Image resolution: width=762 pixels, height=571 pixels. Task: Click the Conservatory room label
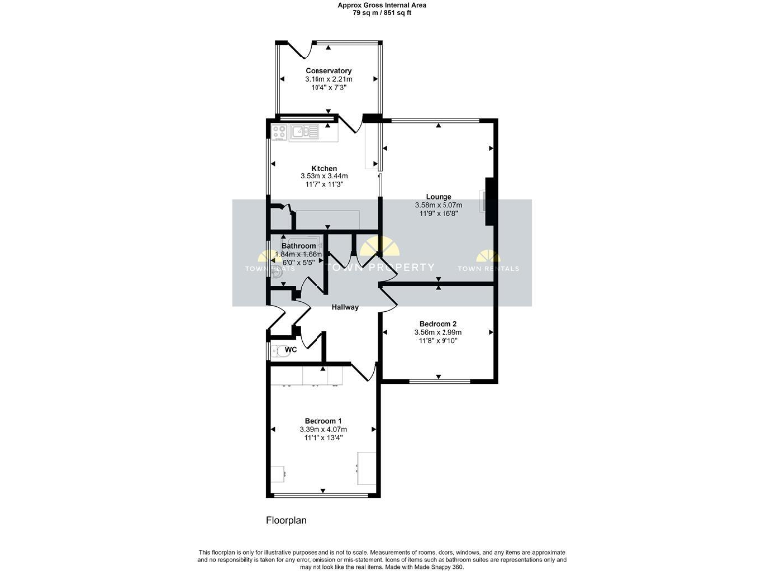coord(328,70)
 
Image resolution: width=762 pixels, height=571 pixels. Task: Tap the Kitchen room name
coord(324,168)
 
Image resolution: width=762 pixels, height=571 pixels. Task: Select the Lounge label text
coord(439,196)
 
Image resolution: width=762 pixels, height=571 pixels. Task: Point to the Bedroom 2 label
coord(438,324)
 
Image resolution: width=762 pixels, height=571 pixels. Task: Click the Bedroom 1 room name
coord(322,420)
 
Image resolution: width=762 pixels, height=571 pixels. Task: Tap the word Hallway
coord(344,307)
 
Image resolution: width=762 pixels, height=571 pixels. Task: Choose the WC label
coord(291,350)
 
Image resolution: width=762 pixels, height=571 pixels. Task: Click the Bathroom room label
coord(298,245)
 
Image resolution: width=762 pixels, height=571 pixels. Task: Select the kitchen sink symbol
coord(303,130)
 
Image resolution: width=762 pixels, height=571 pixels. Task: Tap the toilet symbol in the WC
coord(276,350)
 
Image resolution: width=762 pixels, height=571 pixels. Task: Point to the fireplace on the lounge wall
coord(488,201)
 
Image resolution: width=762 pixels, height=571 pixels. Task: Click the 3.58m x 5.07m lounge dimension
coord(439,205)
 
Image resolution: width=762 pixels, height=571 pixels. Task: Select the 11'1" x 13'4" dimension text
coord(322,437)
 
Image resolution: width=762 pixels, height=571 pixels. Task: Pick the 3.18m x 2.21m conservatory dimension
coord(328,79)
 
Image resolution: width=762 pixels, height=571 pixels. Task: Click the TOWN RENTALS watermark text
coord(488,268)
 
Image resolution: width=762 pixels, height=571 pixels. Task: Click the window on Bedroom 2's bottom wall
coord(439,379)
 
